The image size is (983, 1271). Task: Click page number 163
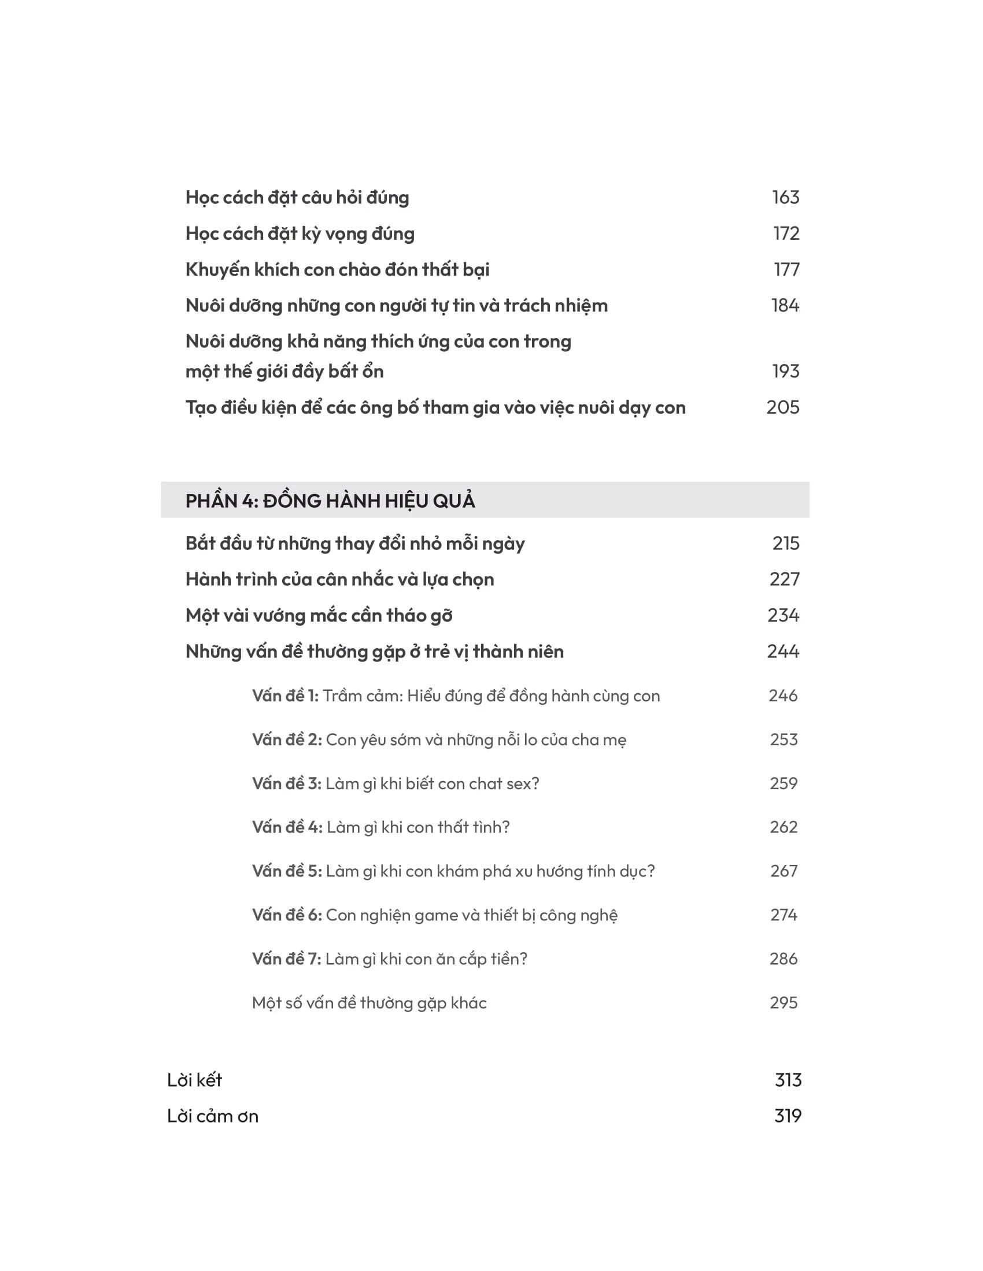tap(785, 197)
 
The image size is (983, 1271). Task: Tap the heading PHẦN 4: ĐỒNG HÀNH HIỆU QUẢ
tap(330, 500)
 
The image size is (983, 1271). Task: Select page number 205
tap(783, 407)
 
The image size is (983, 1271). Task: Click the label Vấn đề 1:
tap(284, 696)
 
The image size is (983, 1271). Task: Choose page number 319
tap(788, 1116)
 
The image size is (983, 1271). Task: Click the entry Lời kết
tap(194, 1080)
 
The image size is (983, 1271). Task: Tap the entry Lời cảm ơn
tap(213, 1116)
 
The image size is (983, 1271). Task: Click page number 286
tap(783, 958)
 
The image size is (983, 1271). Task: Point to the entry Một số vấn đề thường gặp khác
tap(369, 1003)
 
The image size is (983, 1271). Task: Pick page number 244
tap(783, 651)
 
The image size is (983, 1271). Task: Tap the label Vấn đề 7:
tap(286, 958)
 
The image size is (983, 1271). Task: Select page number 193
tap(785, 371)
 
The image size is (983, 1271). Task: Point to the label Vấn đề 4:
tap(286, 827)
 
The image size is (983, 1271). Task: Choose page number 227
tap(784, 579)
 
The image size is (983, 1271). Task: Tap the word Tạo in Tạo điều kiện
tap(199, 407)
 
